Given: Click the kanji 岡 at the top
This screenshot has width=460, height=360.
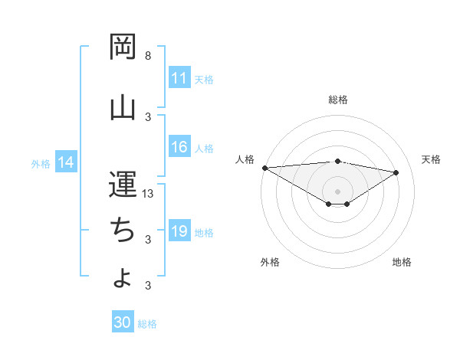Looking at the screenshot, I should (x=123, y=47).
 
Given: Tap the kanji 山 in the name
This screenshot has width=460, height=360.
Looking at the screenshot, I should (x=123, y=106).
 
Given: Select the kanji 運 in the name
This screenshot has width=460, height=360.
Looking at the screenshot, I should (x=123, y=185).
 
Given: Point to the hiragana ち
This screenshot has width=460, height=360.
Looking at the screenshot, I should (x=123, y=229).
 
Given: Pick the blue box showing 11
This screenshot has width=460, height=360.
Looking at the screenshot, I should (x=179, y=79).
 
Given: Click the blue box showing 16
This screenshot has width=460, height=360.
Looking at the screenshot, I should (x=179, y=148).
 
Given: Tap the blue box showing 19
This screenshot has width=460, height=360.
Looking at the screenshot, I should (x=179, y=232).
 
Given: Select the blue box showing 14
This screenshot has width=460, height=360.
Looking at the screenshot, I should (x=66, y=162).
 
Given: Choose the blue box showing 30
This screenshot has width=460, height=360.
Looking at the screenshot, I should (x=123, y=323).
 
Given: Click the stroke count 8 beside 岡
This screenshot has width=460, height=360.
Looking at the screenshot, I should (x=148, y=56).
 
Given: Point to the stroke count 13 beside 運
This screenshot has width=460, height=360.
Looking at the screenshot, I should (x=148, y=194).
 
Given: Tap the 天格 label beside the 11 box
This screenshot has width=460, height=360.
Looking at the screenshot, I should (x=204, y=80).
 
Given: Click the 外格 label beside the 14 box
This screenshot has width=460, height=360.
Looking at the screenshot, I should (x=41, y=163).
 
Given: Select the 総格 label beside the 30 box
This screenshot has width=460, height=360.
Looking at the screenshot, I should (x=147, y=324).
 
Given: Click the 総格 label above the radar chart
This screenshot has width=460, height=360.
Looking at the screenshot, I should (x=337, y=100).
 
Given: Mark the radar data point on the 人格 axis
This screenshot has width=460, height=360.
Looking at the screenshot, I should (x=264, y=167).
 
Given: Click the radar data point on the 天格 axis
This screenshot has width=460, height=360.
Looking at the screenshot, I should (x=396, y=172).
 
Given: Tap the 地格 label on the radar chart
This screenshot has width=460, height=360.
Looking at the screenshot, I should (x=402, y=262).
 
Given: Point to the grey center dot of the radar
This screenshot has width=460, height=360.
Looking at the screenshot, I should (x=337, y=190).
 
